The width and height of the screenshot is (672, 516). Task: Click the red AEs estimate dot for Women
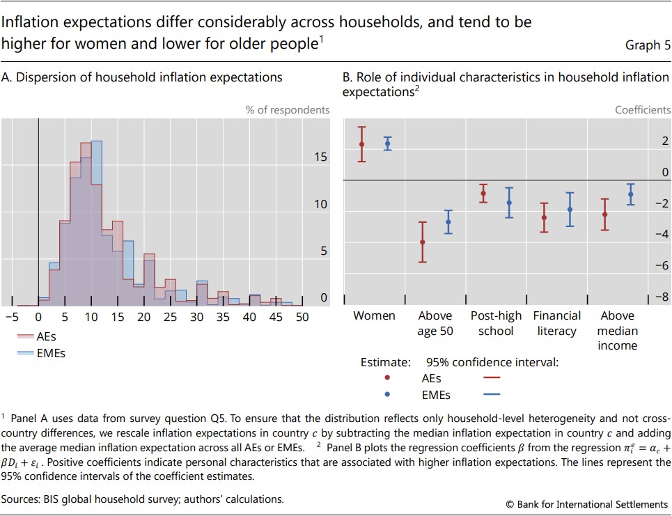(361, 144)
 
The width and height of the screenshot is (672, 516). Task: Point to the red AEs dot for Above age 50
(422, 242)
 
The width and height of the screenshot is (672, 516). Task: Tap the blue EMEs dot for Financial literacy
(570, 210)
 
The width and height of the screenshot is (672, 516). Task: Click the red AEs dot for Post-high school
(483, 194)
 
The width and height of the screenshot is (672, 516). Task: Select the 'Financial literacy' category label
(557, 323)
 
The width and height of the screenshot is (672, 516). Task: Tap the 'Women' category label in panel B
(374, 316)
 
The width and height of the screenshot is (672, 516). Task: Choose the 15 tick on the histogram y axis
(320, 157)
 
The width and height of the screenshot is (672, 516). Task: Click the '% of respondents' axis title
(288, 110)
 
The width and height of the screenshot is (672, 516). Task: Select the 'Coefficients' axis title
(643, 110)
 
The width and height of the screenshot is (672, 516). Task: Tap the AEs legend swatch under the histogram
(25, 336)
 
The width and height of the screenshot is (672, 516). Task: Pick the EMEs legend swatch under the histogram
(25, 353)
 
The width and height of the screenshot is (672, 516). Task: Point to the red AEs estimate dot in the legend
(387, 378)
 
